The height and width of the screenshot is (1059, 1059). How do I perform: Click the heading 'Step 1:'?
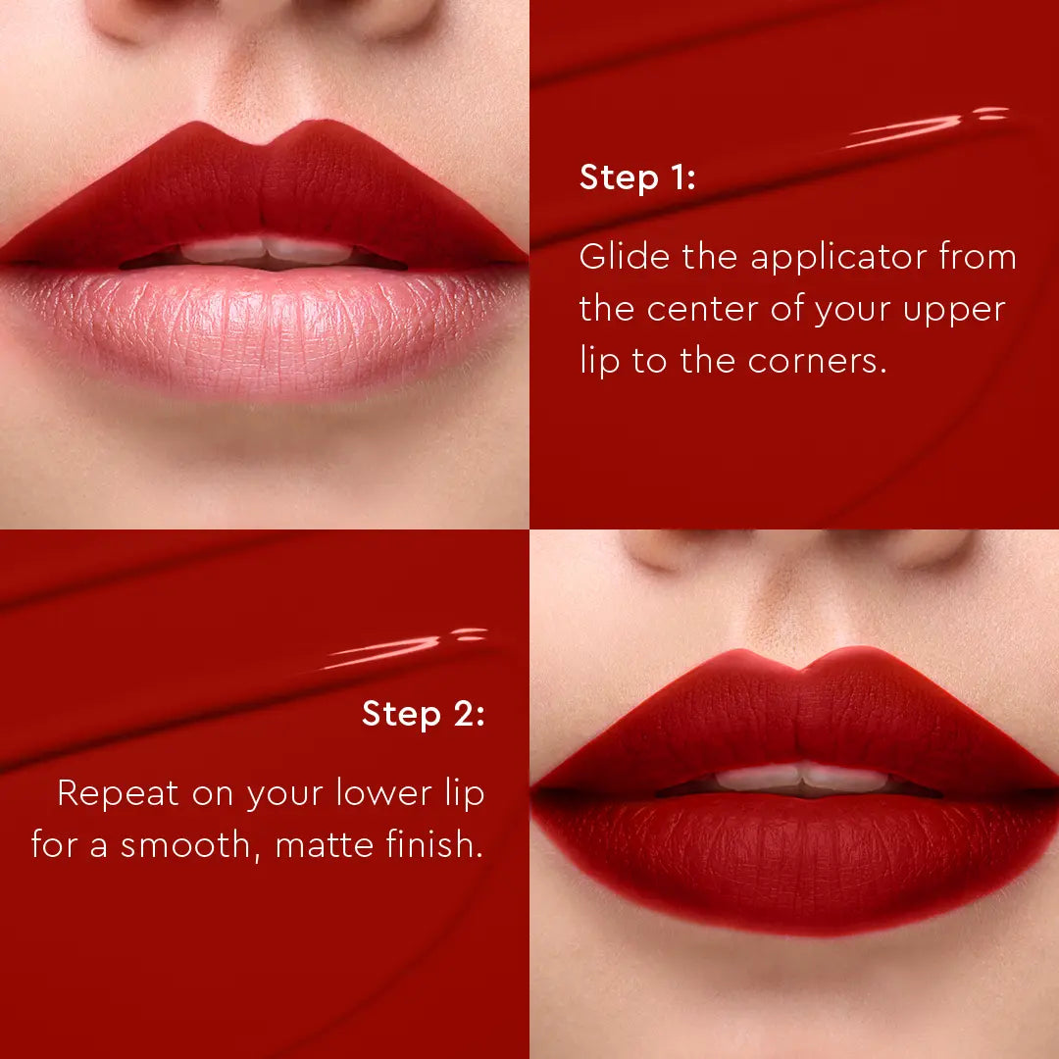pyautogui.click(x=636, y=178)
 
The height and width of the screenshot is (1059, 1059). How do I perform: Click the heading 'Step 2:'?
pyautogui.click(x=423, y=714)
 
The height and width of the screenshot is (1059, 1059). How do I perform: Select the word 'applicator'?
pyautogui.click(x=838, y=259)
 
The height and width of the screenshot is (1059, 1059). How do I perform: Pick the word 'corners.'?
pyautogui.click(x=817, y=361)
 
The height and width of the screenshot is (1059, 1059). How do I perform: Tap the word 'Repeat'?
pyautogui.click(x=118, y=794)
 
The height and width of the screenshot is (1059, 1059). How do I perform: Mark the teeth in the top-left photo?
pyautogui.click(x=265, y=251)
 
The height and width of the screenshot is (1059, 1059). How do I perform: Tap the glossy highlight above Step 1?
pyautogui.click(x=922, y=127)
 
